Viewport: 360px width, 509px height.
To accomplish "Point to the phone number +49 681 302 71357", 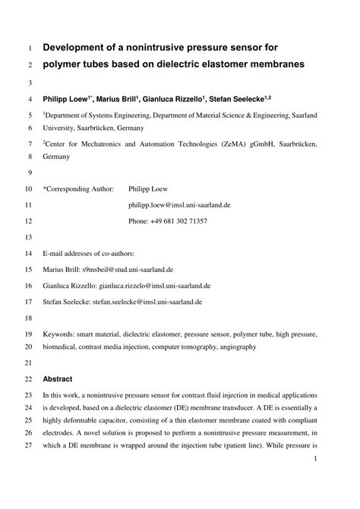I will pos(178,221).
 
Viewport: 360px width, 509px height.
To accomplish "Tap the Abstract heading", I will pos(58,378).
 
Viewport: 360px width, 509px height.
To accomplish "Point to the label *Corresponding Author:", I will pos(77,188).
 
